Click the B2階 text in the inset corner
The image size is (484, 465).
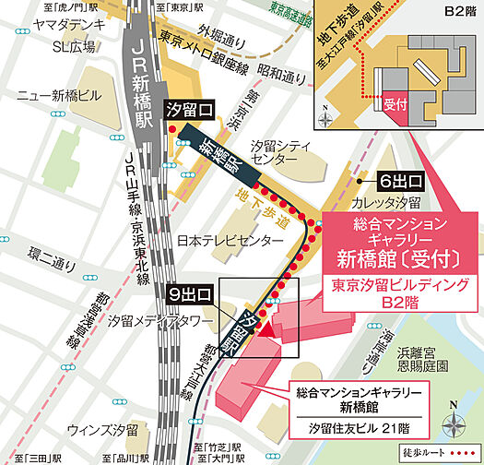click(457, 12)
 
